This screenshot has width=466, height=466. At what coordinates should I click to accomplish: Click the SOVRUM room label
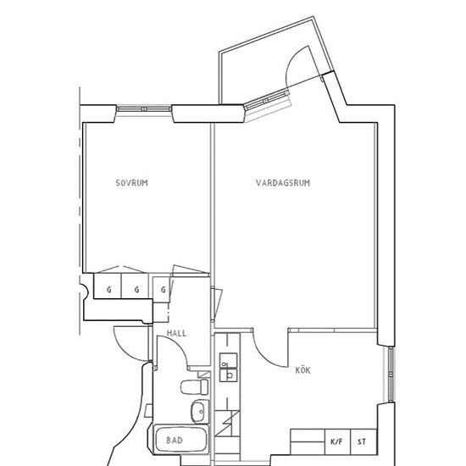[131, 183]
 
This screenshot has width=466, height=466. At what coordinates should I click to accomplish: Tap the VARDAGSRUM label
[283, 183]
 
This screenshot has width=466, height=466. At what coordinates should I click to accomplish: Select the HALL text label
[176, 333]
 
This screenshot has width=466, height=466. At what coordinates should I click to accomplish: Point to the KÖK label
[302, 370]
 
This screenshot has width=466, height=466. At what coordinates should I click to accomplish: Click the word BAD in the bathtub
[175, 440]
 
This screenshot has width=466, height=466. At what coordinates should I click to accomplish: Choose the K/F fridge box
[337, 442]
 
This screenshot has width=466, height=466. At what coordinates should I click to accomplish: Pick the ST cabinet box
[363, 442]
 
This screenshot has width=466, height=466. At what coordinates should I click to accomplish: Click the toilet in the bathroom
[195, 386]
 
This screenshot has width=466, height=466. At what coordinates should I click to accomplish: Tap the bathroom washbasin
[200, 412]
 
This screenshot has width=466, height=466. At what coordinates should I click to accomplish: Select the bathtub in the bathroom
[181, 440]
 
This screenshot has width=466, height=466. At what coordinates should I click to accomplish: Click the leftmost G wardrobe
[108, 286]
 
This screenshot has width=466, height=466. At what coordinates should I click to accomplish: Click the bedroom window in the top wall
[144, 109]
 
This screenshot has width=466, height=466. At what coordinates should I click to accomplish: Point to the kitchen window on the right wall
[391, 374]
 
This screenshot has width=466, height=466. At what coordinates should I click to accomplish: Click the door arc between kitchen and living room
[266, 356]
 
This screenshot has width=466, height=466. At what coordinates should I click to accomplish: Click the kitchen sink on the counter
[228, 367]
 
